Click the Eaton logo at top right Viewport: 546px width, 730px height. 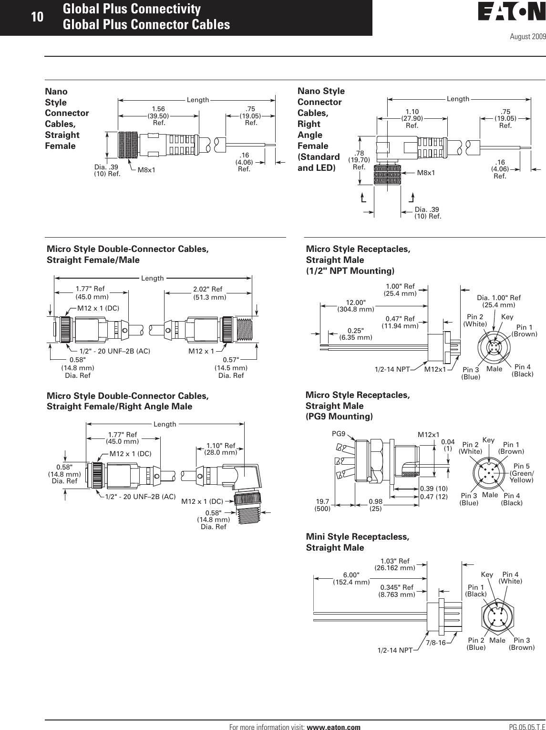[x=511, y=13]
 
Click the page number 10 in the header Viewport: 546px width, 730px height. [x=37, y=17]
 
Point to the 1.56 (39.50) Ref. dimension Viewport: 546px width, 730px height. [x=159, y=116]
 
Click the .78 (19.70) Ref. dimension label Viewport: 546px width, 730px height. [x=359, y=160]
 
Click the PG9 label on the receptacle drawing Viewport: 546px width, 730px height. [x=338, y=435]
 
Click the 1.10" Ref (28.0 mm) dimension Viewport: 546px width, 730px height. [x=220, y=448]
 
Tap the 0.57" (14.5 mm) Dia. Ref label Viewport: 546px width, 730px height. [x=231, y=367]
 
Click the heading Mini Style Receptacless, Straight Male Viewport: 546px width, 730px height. [x=357, y=542]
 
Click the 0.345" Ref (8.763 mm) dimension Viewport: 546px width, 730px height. [x=397, y=591]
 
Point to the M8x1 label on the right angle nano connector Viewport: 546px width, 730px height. [x=426, y=173]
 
